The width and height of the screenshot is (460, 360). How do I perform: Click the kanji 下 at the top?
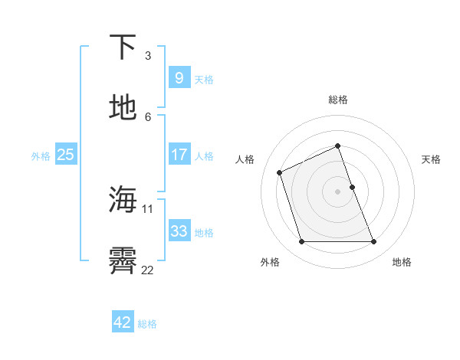pyautogui.click(x=123, y=47)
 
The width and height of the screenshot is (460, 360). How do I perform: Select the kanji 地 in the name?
pyautogui.click(x=123, y=108)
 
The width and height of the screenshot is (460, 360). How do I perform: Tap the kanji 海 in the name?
pyautogui.click(x=123, y=200)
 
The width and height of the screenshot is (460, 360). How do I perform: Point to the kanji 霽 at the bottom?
pyautogui.click(x=123, y=261)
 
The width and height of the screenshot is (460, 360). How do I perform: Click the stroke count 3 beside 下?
pyautogui.click(x=148, y=56)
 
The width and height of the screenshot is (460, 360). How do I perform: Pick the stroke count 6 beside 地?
pyautogui.click(x=148, y=117)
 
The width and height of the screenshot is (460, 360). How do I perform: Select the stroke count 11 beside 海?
pyautogui.click(x=148, y=209)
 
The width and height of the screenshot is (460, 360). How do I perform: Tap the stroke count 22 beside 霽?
pyautogui.click(x=148, y=270)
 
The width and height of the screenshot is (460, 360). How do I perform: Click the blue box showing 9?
pyautogui.click(x=179, y=78)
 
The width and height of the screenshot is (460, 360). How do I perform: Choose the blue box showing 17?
pyautogui.click(x=179, y=155)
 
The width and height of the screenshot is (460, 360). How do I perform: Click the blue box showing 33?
pyautogui.click(x=179, y=231)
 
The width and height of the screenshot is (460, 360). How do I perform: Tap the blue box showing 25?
pyautogui.click(x=65, y=155)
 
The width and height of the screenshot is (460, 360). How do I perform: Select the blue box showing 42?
pyautogui.click(x=123, y=322)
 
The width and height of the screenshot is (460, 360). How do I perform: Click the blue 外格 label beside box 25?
pyautogui.click(x=41, y=155)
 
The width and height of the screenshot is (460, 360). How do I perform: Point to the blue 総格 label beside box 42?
pyautogui.click(x=147, y=324)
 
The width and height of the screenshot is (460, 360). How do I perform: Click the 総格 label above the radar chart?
pyautogui.click(x=337, y=100)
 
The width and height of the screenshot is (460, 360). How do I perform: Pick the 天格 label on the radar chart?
pyautogui.click(x=431, y=159)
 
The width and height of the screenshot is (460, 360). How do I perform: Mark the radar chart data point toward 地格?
pyautogui.click(x=373, y=242)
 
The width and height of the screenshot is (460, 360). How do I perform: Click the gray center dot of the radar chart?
pyautogui.click(x=337, y=191)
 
